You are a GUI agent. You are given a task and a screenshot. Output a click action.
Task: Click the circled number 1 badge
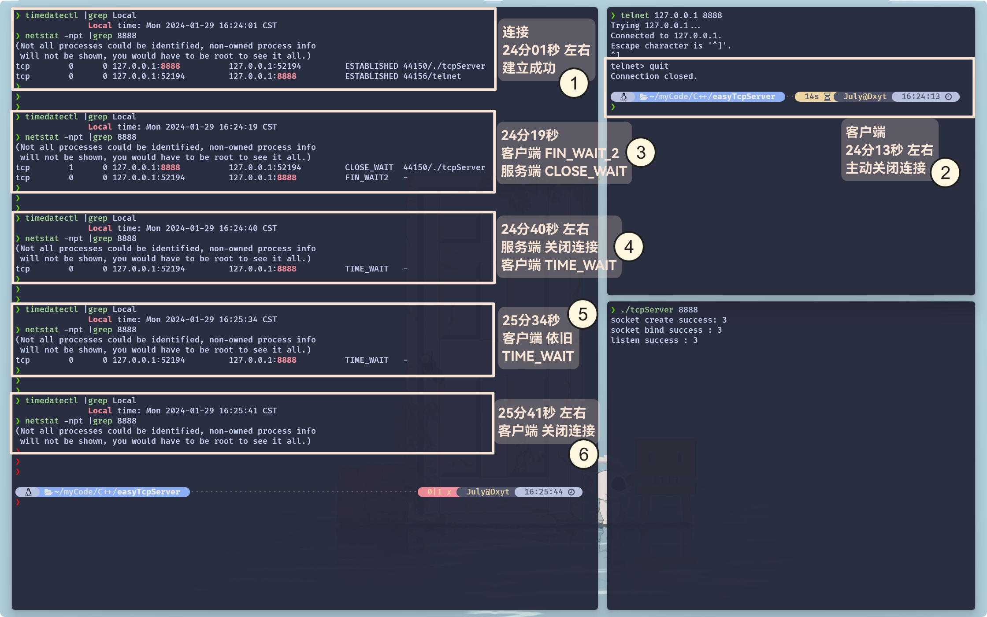(x=574, y=83)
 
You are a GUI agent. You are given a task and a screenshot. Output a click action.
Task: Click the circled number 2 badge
(x=945, y=173)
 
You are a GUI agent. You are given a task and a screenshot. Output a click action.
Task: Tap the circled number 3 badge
(x=641, y=153)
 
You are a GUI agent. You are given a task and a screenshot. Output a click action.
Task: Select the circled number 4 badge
(x=629, y=247)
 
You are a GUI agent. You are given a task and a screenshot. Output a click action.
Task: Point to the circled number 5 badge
(x=583, y=315)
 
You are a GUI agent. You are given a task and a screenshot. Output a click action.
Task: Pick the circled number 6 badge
(x=583, y=454)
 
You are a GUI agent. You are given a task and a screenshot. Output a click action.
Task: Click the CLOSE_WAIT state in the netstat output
(x=369, y=167)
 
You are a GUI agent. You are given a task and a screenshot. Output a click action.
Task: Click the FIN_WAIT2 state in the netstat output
(x=367, y=178)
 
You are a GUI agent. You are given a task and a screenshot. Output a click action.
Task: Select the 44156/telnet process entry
(x=432, y=76)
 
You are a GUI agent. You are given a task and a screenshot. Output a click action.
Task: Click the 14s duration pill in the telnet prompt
(x=812, y=97)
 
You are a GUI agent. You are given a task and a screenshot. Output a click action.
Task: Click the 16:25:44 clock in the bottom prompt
(x=544, y=492)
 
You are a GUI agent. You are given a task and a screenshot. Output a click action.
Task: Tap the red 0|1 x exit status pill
(x=438, y=492)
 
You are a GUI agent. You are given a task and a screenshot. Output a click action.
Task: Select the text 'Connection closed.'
(x=654, y=76)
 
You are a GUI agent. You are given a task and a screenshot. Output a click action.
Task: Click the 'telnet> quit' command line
(x=639, y=66)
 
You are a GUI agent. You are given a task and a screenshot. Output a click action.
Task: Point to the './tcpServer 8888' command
(x=659, y=310)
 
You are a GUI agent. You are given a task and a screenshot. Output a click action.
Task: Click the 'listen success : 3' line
(x=654, y=340)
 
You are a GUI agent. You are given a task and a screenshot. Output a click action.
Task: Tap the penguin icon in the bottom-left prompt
(x=29, y=492)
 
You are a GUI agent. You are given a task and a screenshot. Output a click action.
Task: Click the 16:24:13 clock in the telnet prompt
(x=921, y=97)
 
